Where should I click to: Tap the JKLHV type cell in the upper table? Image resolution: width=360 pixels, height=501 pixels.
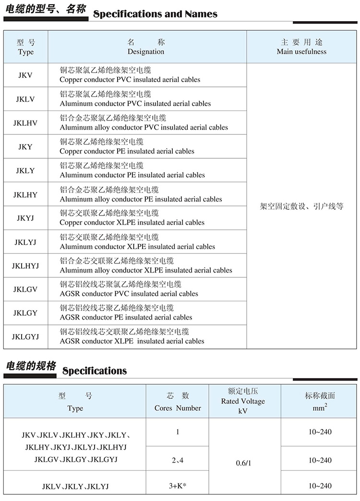click(25, 123)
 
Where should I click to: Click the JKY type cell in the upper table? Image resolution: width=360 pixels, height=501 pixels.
click(25, 147)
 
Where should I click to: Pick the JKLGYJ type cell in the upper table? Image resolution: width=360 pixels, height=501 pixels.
click(25, 337)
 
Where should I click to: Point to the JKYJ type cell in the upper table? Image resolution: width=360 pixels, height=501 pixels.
click(25, 218)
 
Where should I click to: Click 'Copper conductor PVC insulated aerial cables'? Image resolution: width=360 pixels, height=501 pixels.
click(130, 80)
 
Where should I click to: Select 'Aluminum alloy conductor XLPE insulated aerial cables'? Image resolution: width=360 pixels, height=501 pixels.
click(146, 270)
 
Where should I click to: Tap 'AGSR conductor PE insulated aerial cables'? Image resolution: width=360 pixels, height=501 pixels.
click(126, 317)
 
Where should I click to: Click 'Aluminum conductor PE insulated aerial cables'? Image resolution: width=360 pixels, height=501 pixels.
click(132, 175)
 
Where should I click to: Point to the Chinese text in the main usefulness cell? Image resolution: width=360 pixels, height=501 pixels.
click(301, 206)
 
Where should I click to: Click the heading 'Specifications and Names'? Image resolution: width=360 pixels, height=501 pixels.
click(155, 14)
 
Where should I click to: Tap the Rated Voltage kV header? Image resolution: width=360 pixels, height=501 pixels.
click(243, 401)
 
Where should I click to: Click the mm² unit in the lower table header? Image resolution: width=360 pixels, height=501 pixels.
click(320, 408)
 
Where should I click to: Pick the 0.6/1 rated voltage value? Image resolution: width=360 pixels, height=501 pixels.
click(244, 464)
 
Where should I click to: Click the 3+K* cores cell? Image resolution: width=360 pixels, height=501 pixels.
click(178, 485)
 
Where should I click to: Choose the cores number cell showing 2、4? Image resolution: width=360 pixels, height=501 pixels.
click(178, 460)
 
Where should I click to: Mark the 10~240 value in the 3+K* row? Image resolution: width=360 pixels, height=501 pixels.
click(320, 486)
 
